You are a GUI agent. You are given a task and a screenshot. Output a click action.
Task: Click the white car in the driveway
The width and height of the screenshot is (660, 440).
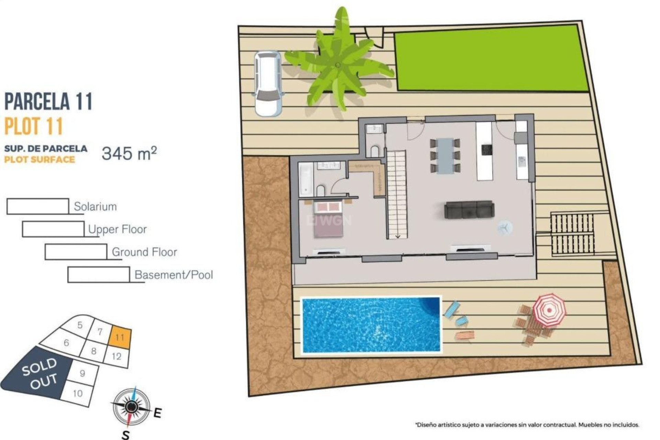(x=268, y=84)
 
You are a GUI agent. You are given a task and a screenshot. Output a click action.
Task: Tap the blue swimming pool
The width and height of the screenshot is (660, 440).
(x=371, y=325)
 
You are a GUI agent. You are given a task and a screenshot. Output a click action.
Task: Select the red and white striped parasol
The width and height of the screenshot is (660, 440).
(x=549, y=309)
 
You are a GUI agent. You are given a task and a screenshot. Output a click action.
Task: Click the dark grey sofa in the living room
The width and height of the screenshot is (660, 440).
(x=469, y=210)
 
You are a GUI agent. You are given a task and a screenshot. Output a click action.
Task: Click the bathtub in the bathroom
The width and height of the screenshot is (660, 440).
(x=306, y=179)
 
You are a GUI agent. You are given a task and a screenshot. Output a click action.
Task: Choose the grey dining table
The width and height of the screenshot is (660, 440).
(x=445, y=156)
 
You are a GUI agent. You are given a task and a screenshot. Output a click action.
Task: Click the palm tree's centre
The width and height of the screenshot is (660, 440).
(x=338, y=65)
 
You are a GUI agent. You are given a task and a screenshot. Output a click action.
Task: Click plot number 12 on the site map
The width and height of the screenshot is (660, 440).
(x=117, y=356)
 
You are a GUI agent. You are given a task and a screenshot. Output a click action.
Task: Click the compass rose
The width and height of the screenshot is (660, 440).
(x=131, y=407)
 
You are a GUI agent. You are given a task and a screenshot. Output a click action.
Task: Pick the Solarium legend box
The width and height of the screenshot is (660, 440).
(x=37, y=206)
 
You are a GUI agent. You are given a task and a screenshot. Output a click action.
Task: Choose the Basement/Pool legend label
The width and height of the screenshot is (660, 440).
(x=174, y=275)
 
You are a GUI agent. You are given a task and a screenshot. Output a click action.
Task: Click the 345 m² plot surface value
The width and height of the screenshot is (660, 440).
(x=129, y=153)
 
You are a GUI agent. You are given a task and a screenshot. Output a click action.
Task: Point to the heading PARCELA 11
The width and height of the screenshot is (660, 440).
(x=48, y=101)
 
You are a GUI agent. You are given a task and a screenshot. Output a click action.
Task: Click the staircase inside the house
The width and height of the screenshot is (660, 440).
(x=397, y=194)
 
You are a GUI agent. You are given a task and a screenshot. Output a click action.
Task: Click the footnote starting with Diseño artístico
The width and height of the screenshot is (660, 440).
(x=527, y=425)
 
